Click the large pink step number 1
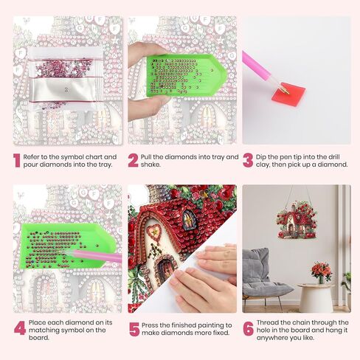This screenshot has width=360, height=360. (x=16, y=161)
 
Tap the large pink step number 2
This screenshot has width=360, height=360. (x=133, y=161)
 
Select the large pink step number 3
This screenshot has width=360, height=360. (x=248, y=161)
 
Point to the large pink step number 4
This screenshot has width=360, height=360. (x=18, y=329)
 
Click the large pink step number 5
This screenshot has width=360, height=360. (x=134, y=329)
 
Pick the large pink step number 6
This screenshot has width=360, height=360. (x=249, y=329)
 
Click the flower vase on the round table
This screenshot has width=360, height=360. (x=321, y=272)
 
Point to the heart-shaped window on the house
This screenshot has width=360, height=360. (x=153, y=233)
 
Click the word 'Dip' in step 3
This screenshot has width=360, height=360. (x=264, y=156)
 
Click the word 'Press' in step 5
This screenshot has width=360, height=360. (x=154, y=325)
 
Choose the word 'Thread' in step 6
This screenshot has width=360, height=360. (x=271, y=322)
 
